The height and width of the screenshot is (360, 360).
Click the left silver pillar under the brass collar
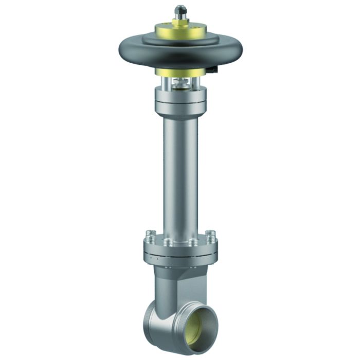coord(163,83)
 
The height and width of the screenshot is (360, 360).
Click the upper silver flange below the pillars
coord(180,102)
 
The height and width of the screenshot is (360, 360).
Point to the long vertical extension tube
coord(179,175)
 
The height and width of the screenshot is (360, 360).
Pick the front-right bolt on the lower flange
coord(192,242)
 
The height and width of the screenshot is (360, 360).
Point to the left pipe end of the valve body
coord(152,319)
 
